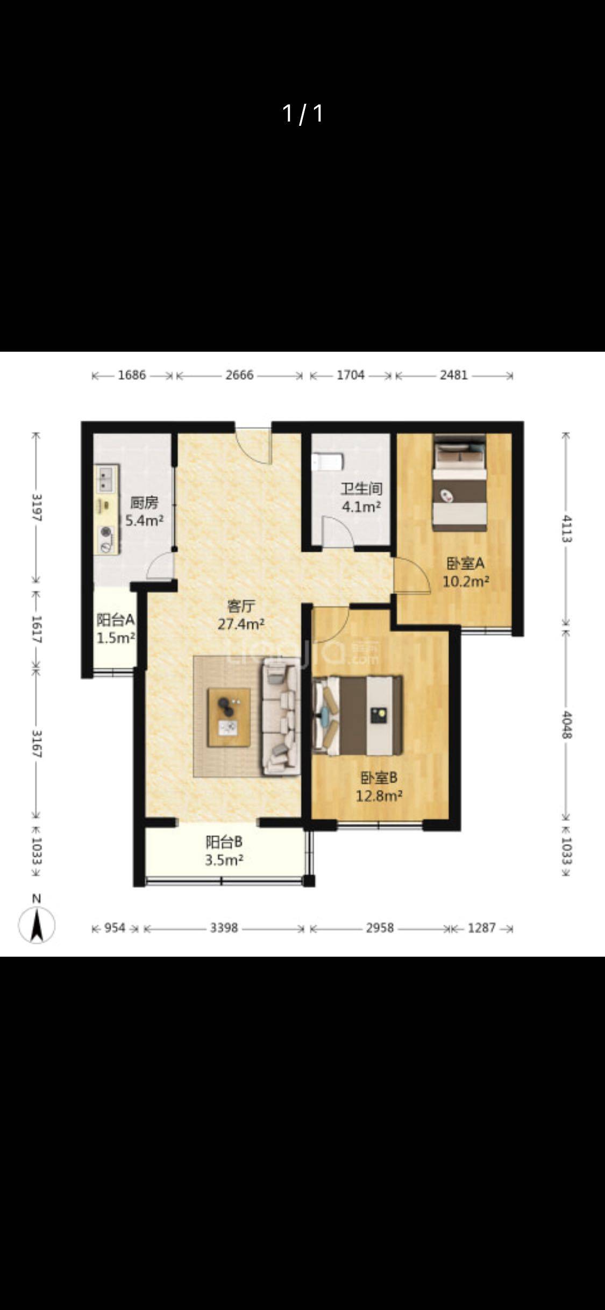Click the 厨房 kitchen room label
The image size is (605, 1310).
coord(144,503)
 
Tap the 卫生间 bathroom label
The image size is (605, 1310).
coord(361,489)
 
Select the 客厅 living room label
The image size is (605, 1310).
coord(240,606)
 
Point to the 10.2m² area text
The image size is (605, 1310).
coord(466,581)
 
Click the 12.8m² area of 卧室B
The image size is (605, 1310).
coord(379,795)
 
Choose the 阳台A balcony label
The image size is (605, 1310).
coord(115,620)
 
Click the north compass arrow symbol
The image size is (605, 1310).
coord(37,925)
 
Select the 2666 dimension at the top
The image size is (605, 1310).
coord(239,375)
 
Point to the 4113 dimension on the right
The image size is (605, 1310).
coord(566,529)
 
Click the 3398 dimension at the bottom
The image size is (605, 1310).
coord(224,928)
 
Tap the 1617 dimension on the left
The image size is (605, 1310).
coord(37,629)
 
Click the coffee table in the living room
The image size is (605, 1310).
coord(229,717)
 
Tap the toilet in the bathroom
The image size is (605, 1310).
coord(328,462)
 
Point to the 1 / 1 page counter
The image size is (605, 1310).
coord(303,113)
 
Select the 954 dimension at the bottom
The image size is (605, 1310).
coord(115,928)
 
